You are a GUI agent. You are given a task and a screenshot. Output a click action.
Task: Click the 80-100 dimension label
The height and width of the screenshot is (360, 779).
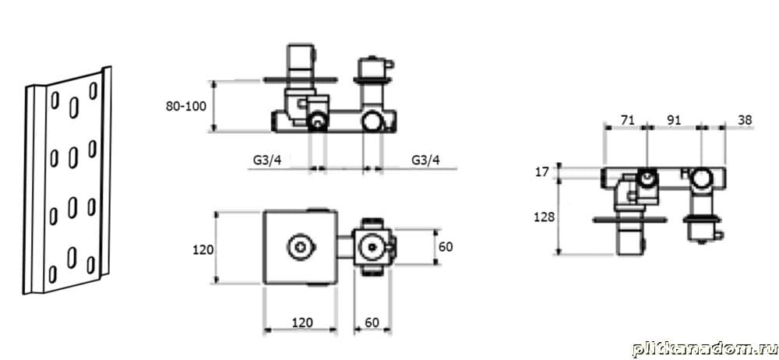click(x=186, y=107)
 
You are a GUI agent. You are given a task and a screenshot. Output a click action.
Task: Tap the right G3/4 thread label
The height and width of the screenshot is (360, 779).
click(x=426, y=160)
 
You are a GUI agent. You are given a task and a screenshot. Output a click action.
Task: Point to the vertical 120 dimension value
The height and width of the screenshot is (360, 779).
click(x=203, y=249)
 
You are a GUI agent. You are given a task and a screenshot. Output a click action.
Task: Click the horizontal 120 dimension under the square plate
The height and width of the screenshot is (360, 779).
click(x=302, y=323)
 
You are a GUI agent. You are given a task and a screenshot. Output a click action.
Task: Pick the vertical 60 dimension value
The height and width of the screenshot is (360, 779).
click(x=446, y=247)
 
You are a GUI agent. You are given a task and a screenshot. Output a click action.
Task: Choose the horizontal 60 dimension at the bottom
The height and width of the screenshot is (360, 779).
click(x=372, y=323)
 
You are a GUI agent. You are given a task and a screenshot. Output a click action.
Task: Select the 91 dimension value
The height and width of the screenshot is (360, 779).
click(x=674, y=120)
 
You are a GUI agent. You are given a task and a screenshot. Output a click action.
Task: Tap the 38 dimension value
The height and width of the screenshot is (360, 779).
click(x=745, y=120)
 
